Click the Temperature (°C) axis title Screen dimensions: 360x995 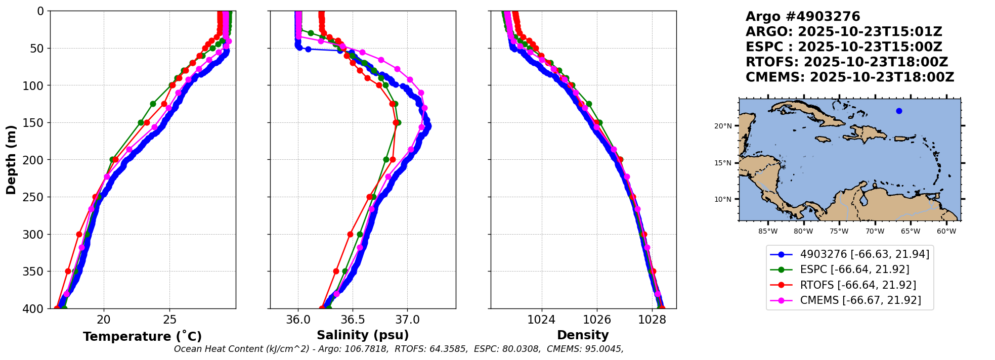(142, 337)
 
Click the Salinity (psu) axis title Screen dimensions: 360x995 (363, 335)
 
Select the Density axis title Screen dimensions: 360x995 (583, 335)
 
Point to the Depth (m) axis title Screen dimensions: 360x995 (11, 160)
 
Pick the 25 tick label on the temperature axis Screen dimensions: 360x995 (170, 320)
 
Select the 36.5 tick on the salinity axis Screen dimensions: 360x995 (353, 320)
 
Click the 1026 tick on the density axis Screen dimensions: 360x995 (597, 320)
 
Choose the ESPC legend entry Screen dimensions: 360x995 (854, 269)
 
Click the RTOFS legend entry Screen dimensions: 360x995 (858, 285)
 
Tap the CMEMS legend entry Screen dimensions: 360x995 (860, 300)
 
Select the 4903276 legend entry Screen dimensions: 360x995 (864, 254)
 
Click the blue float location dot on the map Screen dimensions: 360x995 (899, 111)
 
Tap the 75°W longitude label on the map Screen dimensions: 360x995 (839, 232)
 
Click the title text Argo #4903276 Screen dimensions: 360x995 (802, 17)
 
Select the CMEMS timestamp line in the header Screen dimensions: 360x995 (850, 77)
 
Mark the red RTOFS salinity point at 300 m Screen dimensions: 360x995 (350, 234)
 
